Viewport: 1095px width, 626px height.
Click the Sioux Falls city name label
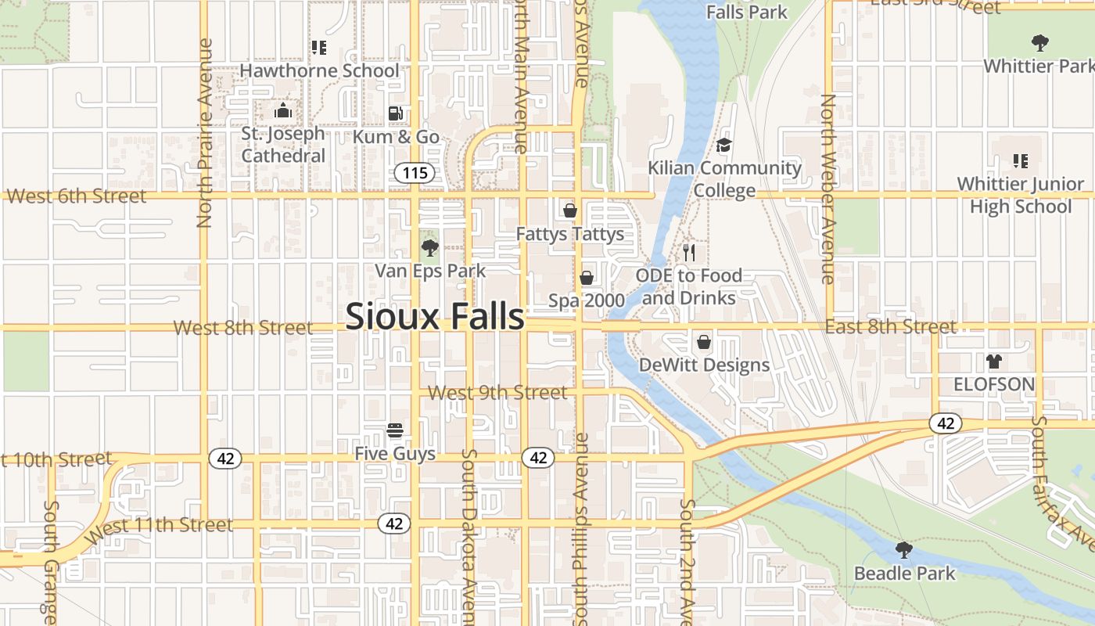434,316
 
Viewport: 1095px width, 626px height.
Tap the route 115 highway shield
415,172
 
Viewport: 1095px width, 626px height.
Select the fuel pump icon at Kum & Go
396,113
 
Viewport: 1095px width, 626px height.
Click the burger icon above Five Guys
395,430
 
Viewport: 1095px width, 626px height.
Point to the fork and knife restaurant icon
689,252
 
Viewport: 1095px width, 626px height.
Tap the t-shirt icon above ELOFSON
994,362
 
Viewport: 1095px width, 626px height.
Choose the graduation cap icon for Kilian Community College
724,146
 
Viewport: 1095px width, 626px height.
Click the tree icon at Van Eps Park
429,249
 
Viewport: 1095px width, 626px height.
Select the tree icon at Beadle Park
904,550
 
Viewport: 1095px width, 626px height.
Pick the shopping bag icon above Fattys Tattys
570,210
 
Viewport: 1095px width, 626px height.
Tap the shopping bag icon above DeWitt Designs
704,342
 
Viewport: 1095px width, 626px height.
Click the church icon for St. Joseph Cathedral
282,110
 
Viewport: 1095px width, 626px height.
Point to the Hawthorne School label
319,70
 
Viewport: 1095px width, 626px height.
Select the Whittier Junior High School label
1021,196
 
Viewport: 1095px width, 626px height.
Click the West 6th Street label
76,196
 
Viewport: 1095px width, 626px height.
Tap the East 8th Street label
890,326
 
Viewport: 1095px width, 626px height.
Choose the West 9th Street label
498,392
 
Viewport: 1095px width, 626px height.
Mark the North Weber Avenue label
828,189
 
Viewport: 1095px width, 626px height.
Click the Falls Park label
747,12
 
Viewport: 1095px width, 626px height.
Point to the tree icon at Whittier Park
1039,42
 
